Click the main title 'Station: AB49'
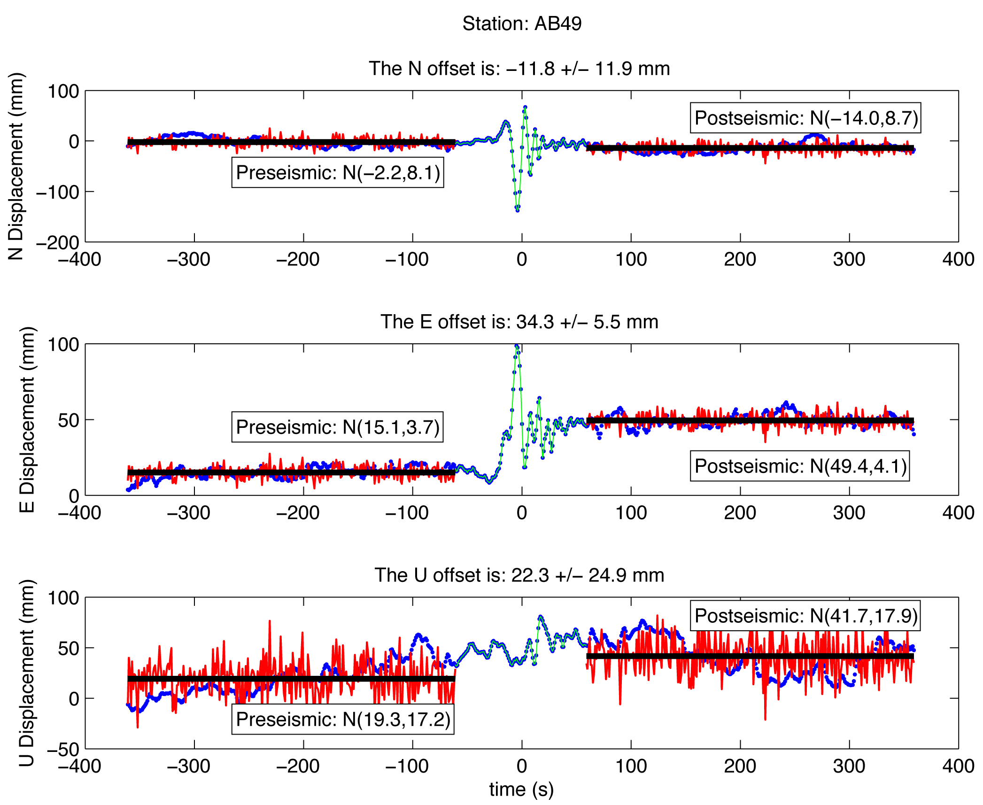(522, 23)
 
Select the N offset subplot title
(519, 69)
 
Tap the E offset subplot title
(519, 322)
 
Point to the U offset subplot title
(519, 575)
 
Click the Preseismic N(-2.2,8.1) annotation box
(338, 173)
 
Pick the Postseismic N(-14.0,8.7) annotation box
(805, 118)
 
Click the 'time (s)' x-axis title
(521, 790)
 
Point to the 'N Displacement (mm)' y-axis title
(16, 166)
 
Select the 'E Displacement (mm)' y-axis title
(27, 419)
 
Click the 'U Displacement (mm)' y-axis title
(27, 673)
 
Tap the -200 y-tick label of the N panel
(58, 243)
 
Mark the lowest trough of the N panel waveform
(518, 210)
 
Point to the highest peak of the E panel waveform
(517, 347)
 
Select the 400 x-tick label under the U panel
(958, 766)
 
